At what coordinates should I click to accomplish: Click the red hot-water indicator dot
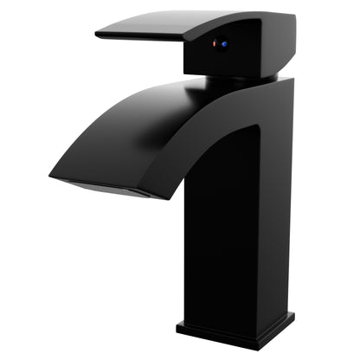pos(217,43)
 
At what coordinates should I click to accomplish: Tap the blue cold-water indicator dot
pos(225,44)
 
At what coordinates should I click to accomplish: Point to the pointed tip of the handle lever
pos(98,35)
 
